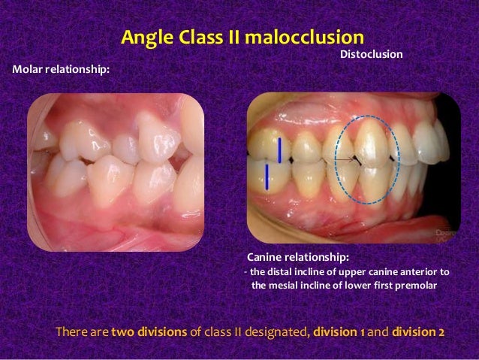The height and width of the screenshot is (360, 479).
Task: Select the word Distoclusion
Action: click(372, 54)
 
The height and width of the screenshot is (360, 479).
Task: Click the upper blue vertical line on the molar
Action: click(280, 150)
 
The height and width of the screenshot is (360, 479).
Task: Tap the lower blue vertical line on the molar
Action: click(267, 177)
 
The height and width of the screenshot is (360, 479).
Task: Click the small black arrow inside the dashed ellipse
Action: click(347, 159)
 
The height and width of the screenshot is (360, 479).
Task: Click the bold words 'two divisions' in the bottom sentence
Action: click(149, 331)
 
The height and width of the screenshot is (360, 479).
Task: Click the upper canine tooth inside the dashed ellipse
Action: click(368, 143)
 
